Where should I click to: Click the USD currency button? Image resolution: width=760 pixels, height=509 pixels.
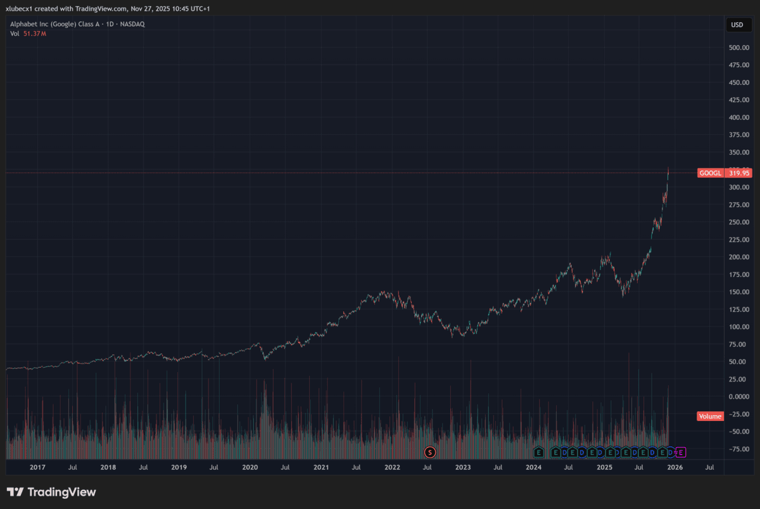point(737,25)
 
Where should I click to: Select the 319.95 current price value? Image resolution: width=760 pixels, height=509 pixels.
point(739,173)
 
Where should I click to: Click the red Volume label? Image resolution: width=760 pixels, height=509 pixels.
point(710,416)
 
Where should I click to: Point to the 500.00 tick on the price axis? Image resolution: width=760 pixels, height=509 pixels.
point(739,48)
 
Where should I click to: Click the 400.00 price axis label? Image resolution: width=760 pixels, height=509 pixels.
point(739,117)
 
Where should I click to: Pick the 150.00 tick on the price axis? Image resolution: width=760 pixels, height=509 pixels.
point(739,292)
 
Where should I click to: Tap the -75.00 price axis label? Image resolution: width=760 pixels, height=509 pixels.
point(739,449)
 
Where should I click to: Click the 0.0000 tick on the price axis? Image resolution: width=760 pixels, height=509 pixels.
point(739,397)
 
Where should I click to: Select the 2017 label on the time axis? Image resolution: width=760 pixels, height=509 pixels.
point(37,467)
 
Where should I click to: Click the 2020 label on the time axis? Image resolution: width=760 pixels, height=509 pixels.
point(250,467)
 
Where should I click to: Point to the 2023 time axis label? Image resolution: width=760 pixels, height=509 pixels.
point(463,467)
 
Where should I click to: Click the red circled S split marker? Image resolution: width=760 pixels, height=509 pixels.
point(431,452)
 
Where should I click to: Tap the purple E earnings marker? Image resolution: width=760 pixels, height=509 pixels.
point(681,452)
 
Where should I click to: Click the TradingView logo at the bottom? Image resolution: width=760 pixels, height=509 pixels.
point(51,492)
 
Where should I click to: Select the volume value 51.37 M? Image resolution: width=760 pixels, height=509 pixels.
point(35,34)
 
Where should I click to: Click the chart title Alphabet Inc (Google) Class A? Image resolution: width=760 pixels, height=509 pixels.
point(54,24)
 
